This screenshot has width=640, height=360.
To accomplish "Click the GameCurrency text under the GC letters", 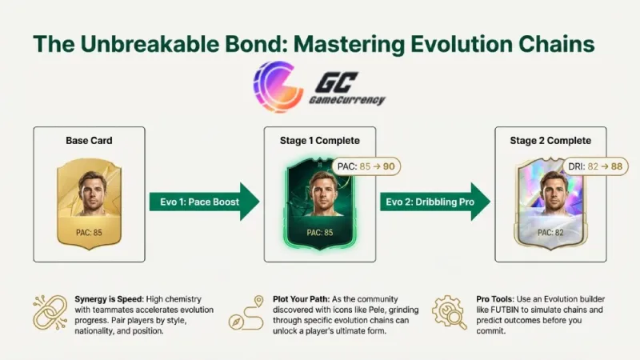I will [346, 101].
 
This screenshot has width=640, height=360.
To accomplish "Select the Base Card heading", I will [88, 141].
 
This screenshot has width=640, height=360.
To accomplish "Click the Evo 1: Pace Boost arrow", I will [203, 202].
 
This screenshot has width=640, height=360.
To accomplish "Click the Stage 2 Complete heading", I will [550, 141].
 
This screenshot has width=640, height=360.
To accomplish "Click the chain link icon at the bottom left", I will [50, 313].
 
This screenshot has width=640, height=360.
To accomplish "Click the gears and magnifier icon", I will [451, 313].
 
